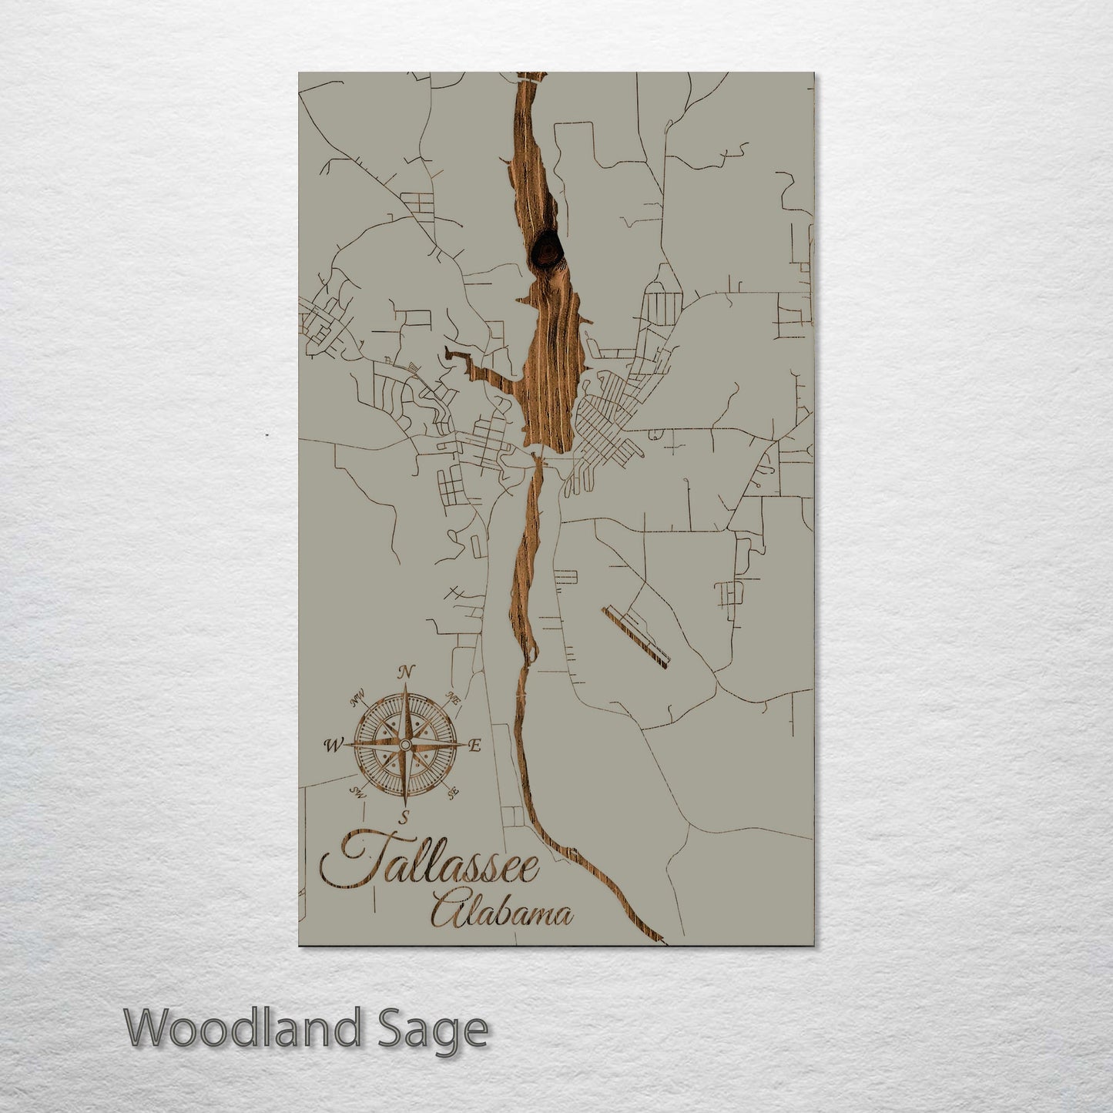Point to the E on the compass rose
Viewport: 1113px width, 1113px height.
(x=474, y=745)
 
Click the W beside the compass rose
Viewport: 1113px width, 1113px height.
(x=333, y=745)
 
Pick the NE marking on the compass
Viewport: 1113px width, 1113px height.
(x=454, y=701)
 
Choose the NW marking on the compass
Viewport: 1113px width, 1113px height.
(x=357, y=700)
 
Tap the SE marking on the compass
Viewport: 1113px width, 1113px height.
(x=453, y=791)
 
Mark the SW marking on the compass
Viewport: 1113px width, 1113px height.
(x=356, y=791)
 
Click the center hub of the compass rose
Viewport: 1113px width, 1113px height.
(x=404, y=745)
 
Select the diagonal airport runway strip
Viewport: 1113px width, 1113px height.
(x=636, y=635)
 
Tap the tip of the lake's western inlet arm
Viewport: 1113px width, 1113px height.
(x=448, y=355)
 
